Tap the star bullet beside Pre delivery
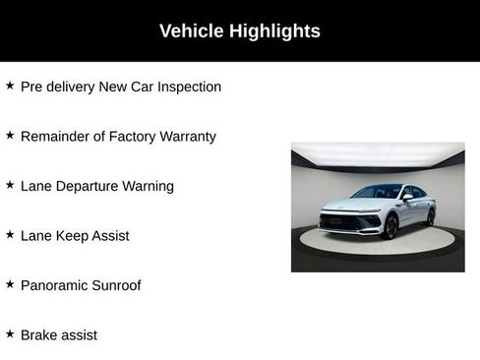point(10,86)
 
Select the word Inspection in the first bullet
point(187,87)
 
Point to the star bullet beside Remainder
point(10,135)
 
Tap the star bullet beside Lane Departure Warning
point(10,185)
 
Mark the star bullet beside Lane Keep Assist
point(10,234)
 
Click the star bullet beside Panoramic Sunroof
point(10,284)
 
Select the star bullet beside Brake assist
point(10,333)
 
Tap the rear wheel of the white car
point(430,216)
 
